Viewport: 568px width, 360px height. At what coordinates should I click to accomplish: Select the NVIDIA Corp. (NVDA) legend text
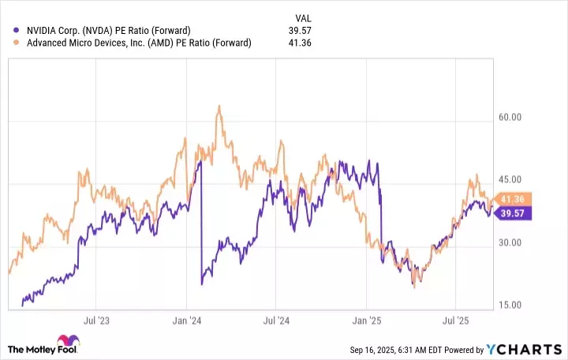103,31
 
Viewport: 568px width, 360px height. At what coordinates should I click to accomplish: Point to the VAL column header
303,17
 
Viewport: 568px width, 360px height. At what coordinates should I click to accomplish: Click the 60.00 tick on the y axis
510,118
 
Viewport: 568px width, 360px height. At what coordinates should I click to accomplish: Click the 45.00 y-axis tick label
510,180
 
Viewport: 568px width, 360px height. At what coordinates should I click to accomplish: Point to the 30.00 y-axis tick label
510,243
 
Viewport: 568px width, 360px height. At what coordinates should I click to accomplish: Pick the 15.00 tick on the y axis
510,306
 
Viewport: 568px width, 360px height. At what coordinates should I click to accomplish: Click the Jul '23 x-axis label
95,323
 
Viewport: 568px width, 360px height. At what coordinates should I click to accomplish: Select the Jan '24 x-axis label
185,323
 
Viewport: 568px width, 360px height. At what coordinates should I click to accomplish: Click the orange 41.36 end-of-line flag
516,198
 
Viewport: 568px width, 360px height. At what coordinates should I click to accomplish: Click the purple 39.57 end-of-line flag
516,212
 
